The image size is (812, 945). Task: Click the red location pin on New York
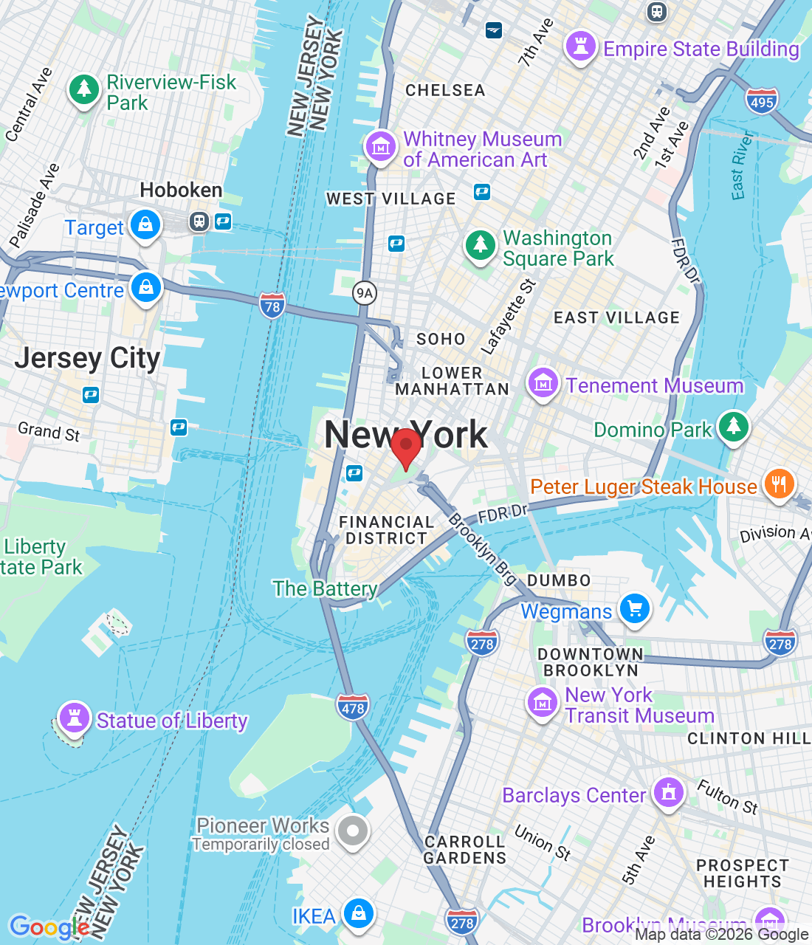[405, 446]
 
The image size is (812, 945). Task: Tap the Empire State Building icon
[580, 47]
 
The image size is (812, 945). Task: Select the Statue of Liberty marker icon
[74, 717]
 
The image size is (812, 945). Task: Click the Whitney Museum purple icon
[381, 145]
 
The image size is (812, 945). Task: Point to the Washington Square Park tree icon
[481, 244]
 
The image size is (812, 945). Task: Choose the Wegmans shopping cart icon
[635, 609]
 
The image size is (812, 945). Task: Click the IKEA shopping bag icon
[359, 913]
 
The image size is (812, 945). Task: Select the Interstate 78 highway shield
[272, 306]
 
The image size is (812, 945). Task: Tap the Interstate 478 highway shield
[353, 707]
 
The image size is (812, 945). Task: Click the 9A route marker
[365, 293]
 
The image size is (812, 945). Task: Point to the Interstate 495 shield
[761, 101]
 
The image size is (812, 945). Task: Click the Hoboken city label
[181, 190]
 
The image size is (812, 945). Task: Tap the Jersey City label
[87, 358]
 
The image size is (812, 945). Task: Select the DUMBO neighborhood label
[559, 580]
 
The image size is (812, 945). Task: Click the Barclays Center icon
[669, 793]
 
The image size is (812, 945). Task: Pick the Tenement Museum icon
[543, 383]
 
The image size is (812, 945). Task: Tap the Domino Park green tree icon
[733, 426]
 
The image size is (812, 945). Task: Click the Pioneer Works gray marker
[353, 831]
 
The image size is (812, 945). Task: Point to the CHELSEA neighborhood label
[445, 91]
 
